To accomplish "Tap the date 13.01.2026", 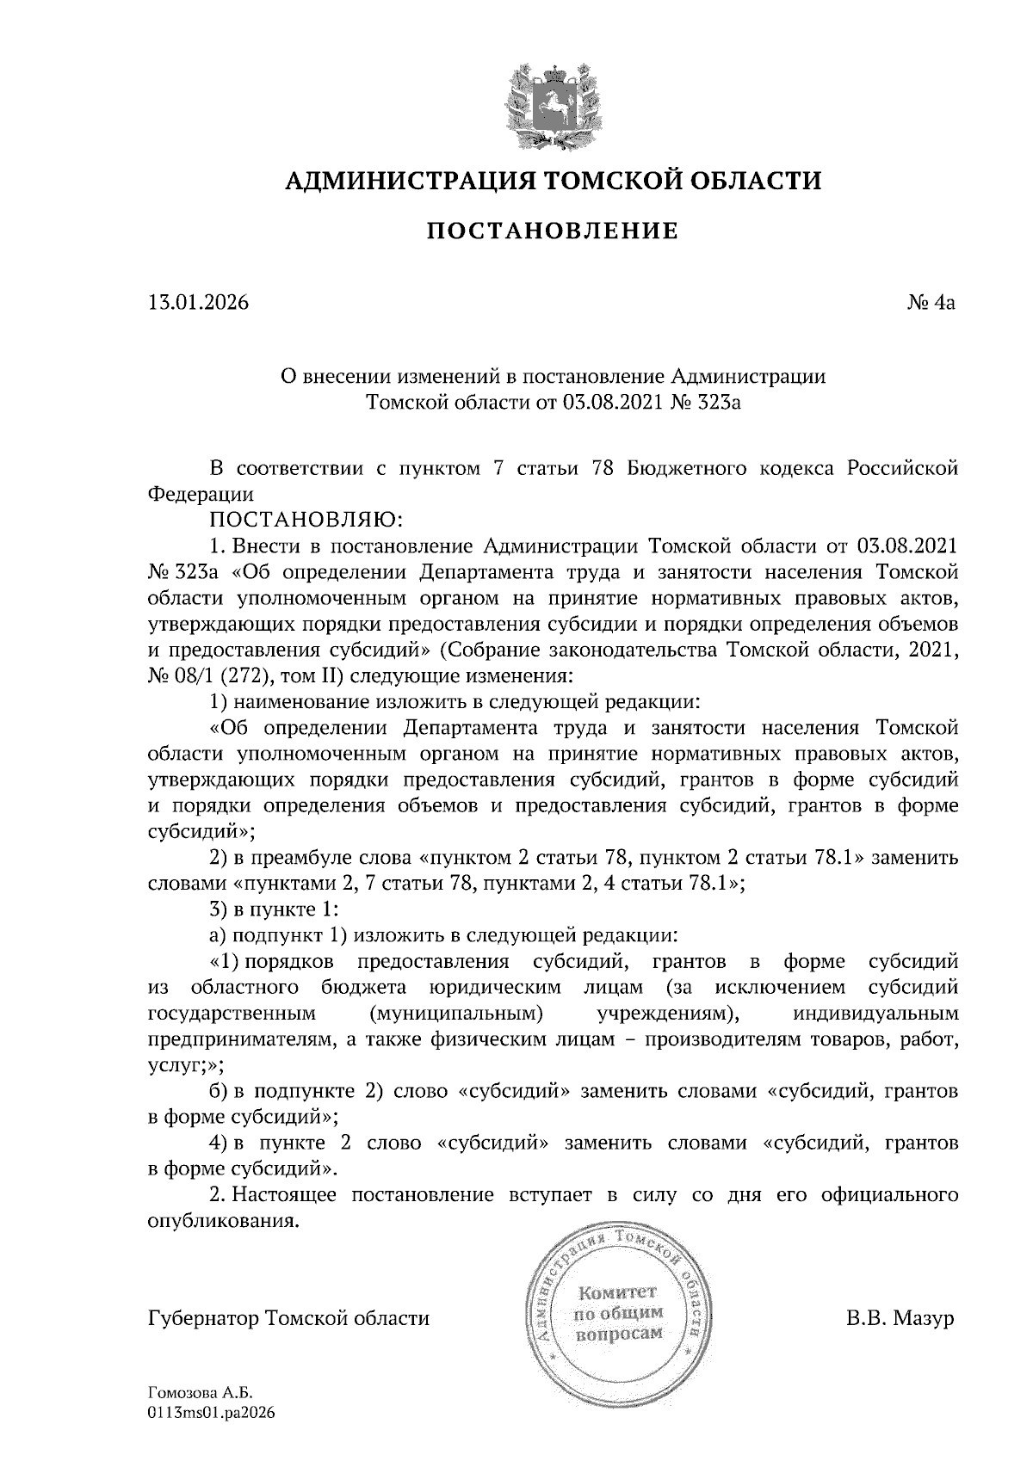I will point(197,303).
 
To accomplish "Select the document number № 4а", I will point(931,303).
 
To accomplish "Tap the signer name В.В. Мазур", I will point(901,1318).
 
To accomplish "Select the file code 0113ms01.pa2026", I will point(211,1412).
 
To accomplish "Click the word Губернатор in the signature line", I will point(205,1318).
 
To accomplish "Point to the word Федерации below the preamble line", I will point(201,495).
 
